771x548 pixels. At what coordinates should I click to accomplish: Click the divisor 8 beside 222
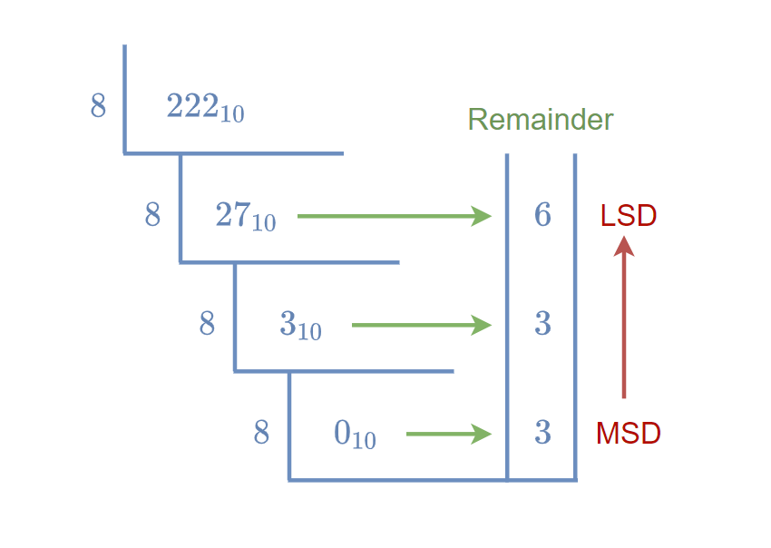pyautogui.click(x=98, y=107)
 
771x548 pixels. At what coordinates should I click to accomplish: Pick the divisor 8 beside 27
pyautogui.click(x=152, y=216)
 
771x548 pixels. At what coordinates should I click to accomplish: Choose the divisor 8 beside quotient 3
pyautogui.click(x=207, y=324)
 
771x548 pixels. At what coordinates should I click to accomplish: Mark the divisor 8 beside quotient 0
pyautogui.click(x=261, y=434)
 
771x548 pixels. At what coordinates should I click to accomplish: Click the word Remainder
pyautogui.click(x=541, y=120)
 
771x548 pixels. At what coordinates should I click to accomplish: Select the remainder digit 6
pyautogui.click(x=542, y=216)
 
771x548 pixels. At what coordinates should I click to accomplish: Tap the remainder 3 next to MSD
pyautogui.click(x=542, y=434)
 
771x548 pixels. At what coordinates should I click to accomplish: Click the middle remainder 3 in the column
pyautogui.click(x=542, y=324)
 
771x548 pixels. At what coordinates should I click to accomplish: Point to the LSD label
pyautogui.click(x=629, y=216)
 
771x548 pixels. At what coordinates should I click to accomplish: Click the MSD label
pyautogui.click(x=629, y=434)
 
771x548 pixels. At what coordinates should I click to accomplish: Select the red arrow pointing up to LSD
pyautogui.click(x=624, y=318)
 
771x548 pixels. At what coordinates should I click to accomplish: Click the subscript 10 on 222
pyautogui.click(x=232, y=114)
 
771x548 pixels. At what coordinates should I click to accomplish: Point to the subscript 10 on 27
pyautogui.click(x=264, y=222)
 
